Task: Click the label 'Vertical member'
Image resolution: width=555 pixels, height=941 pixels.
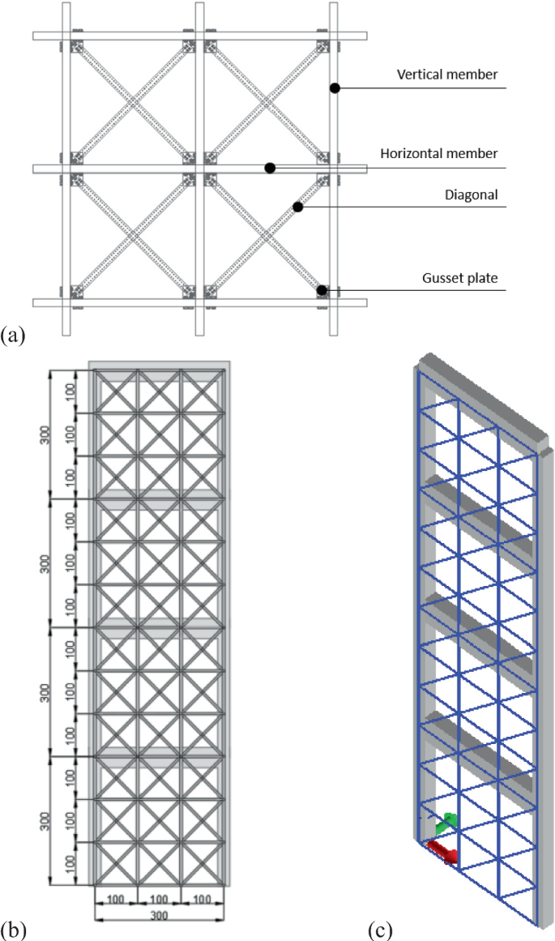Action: coord(446,75)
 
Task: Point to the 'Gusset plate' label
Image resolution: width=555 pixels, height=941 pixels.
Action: coord(459,278)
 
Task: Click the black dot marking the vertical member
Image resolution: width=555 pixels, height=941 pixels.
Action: coord(333,88)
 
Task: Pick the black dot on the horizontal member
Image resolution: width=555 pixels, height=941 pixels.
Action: coord(270,168)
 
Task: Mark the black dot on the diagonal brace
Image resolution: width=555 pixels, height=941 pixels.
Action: coord(297,207)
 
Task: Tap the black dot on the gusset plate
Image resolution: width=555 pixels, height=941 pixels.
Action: coord(322,290)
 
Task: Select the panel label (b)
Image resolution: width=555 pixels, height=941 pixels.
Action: coord(15,928)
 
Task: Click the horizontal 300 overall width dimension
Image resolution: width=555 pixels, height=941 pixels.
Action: coord(159,914)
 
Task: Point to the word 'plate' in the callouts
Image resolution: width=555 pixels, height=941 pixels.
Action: coord(482,278)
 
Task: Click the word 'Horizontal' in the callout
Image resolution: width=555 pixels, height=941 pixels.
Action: coord(412,153)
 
